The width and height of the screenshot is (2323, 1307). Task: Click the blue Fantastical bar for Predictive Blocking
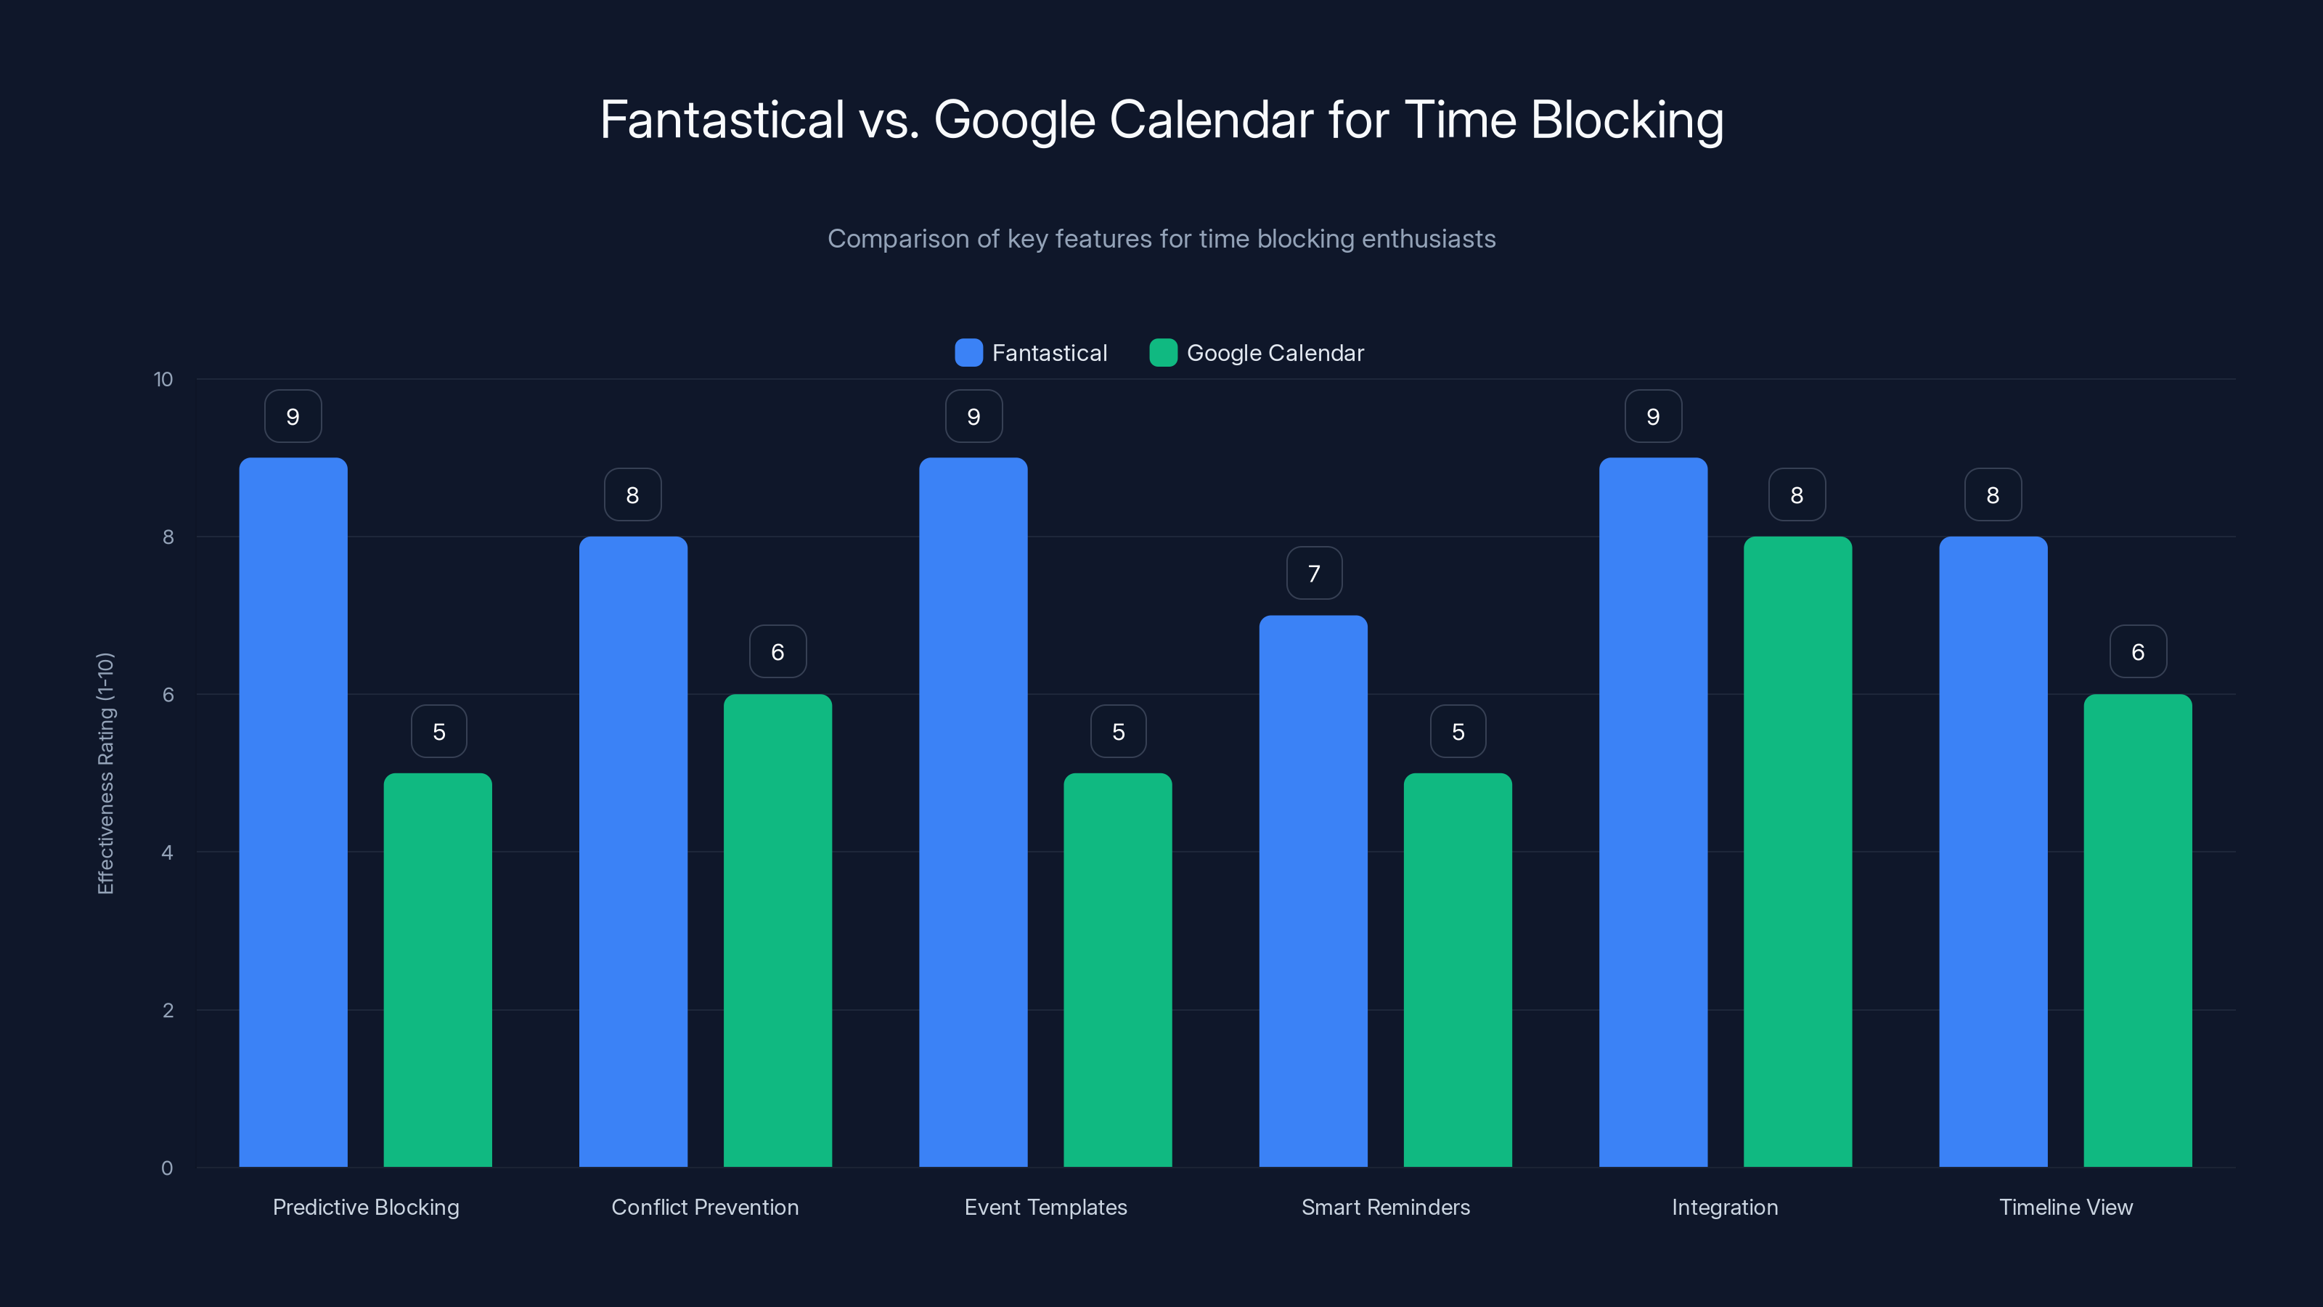pyautogui.click(x=293, y=812)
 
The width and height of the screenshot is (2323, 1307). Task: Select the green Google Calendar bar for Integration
pyautogui.click(x=1797, y=852)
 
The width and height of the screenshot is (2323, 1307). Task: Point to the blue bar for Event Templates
pyautogui.click(x=973, y=812)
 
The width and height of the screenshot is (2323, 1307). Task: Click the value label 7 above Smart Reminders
pyautogui.click(x=1314, y=574)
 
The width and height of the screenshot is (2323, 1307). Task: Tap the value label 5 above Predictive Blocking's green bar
pyautogui.click(x=439, y=731)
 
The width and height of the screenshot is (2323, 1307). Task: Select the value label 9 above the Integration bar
pyautogui.click(x=1653, y=417)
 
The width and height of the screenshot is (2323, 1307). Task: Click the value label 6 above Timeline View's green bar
pyautogui.click(x=2137, y=652)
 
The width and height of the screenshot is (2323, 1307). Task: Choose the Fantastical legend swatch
pyautogui.click(x=968, y=353)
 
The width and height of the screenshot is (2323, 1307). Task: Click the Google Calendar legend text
pyautogui.click(x=1275, y=353)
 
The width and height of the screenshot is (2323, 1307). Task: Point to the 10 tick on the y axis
pyautogui.click(x=163, y=380)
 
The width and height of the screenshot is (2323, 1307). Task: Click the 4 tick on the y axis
pyautogui.click(x=168, y=852)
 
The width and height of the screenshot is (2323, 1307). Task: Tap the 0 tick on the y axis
pyautogui.click(x=168, y=1168)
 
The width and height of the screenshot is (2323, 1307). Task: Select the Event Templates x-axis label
pyautogui.click(x=1045, y=1207)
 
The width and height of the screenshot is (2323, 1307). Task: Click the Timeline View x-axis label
pyautogui.click(x=2065, y=1207)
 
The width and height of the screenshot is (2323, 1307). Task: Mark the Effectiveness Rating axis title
pyautogui.click(x=105, y=773)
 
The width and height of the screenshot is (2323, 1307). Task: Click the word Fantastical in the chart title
pyautogui.click(x=722, y=120)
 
